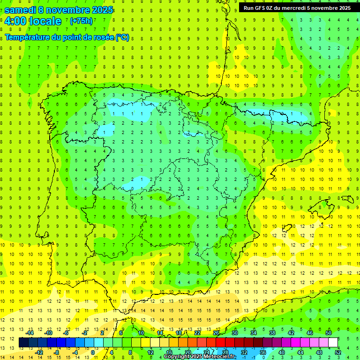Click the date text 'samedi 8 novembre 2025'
(x=59, y=10)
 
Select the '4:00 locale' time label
(x=33, y=21)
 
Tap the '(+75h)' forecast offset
(x=81, y=21)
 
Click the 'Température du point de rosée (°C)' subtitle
(x=67, y=37)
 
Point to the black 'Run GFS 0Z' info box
(x=297, y=8)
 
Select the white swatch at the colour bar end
(x=333, y=343)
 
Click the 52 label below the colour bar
(x=338, y=352)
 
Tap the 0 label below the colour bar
(x=93, y=352)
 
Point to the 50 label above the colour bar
(x=329, y=333)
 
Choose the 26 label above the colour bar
(x=216, y=333)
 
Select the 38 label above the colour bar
(x=272, y=333)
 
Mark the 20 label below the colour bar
(x=188, y=352)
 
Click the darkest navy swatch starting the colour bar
(x=24, y=343)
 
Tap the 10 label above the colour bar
(x=141, y=333)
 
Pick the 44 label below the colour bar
(x=300, y=352)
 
